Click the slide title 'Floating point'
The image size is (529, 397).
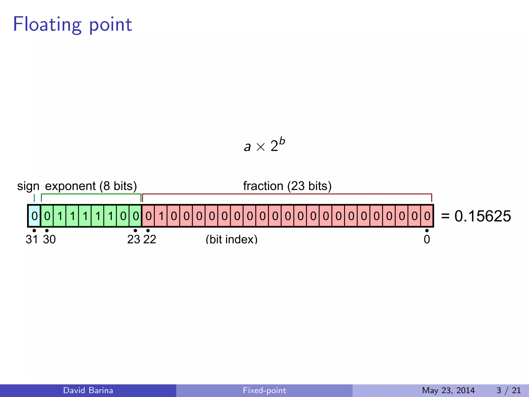(x=72, y=25)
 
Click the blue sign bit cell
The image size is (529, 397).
(x=34, y=216)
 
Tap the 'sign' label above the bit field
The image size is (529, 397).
(x=28, y=186)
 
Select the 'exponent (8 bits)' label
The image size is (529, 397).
(x=91, y=186)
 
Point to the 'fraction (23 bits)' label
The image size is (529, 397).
(x=287, y=186)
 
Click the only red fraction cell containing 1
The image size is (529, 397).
(x=161, y=216)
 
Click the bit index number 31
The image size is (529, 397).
(x=32, y=239)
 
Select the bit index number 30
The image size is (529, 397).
(x=49, y=239)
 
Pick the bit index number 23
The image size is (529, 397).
(x=134, y=239)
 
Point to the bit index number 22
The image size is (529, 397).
(x=150, y=239)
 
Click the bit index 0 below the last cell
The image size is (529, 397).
(x=427, y=239)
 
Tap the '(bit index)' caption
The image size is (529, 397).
(x=231, y=239)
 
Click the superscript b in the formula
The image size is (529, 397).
(x=282, y=141)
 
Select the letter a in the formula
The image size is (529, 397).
(x=247, y=147)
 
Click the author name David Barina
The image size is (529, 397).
(x=88, y=390)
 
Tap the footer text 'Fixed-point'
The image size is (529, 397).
(x=264, y=390)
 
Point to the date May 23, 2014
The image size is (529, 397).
(x=448, y=390)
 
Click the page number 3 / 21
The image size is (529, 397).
(x=508, y=390)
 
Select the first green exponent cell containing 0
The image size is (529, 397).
(x=47, y=216)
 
